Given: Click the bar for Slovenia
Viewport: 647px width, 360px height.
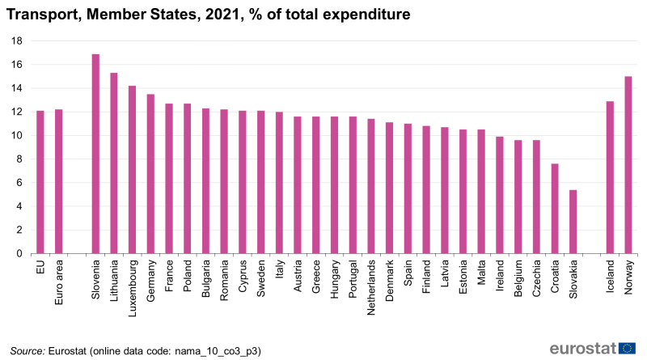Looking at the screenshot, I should pos(95,154).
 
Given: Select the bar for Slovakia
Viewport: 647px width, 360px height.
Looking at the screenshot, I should pos(573,222).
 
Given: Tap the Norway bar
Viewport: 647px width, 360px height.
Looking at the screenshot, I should pos(628,165).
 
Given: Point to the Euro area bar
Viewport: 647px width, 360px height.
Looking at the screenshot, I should pos(58,181).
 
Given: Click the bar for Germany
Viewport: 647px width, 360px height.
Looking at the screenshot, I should pos(150,174).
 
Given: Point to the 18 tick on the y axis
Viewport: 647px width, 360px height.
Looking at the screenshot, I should pos(16,41).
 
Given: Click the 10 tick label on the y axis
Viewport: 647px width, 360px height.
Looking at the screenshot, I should pos(16,136).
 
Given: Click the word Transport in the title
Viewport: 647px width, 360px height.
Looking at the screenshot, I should pos(45,15).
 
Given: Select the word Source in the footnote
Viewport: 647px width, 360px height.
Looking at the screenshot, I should pos(27,351).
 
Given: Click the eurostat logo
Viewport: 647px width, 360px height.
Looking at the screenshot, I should pos(593,349).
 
